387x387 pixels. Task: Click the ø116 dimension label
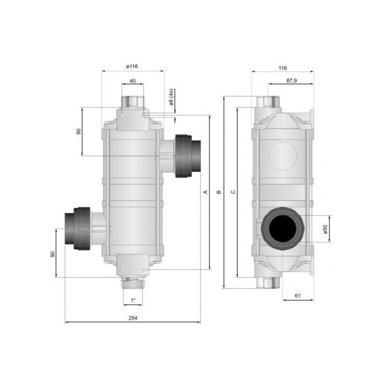(132, 66)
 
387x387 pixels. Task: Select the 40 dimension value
(133, 81)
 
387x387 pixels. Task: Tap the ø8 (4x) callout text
(172, 97)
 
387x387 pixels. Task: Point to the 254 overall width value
(133, 318)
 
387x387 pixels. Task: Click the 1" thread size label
(133, 300)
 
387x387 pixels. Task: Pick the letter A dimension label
(205, 192)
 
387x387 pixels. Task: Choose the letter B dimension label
(219, 192)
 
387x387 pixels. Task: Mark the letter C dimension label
(233, 192)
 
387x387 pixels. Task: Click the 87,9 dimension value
(292, 81)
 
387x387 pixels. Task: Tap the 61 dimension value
(297, 295)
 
